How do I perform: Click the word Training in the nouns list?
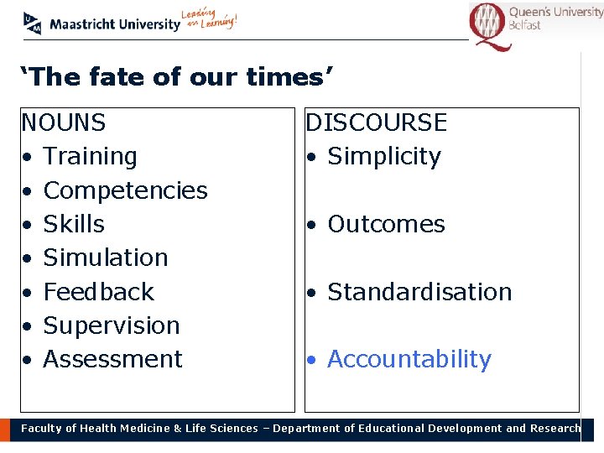90,157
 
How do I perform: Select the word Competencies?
125,190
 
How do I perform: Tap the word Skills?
74,224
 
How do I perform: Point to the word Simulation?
106,258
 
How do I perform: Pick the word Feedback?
99,292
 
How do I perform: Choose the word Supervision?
112,325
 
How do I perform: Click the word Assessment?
112,359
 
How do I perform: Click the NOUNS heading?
64,123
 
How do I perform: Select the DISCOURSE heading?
376,123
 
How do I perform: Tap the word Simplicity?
383,157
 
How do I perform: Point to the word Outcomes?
386,224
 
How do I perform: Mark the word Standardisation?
419,292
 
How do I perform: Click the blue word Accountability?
409,359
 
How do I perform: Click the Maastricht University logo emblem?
32,23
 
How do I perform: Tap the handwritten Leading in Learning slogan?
210,20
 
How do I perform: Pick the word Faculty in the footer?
42,429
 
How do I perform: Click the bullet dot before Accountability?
310,361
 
